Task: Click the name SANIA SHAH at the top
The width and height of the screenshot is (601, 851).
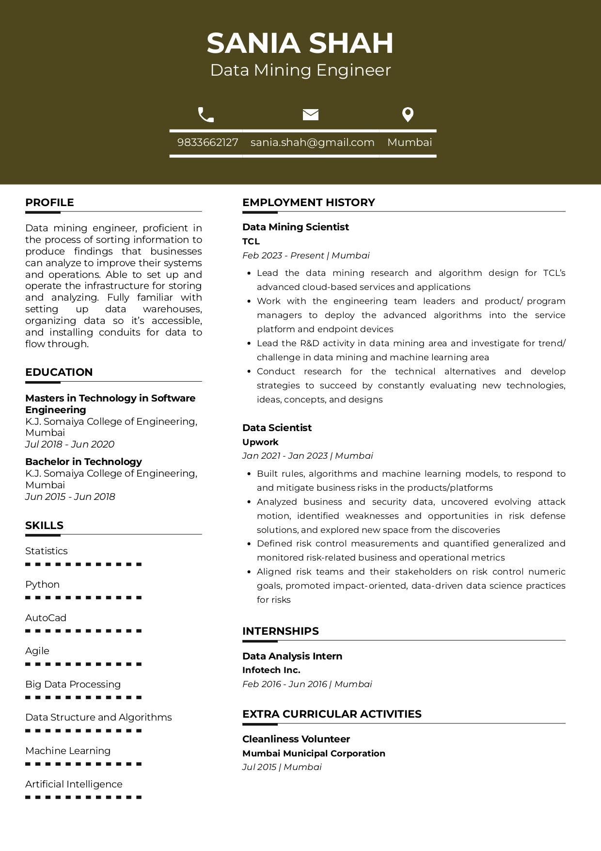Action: point(300,43)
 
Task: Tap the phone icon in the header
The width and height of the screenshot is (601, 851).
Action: point(206,115)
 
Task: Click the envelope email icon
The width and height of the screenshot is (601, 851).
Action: point(311,114)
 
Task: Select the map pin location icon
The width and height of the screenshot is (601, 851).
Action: point(408,114)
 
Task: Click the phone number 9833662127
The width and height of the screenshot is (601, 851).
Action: point(207,143)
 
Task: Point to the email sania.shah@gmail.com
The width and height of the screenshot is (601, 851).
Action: point(312,143)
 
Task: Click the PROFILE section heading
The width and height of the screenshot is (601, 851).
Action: point(49,203)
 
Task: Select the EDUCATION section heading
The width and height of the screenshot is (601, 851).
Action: point(59,372)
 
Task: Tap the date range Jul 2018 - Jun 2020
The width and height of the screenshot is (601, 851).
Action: point(70,444)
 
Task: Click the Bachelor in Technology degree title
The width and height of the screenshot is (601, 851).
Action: point(83,462)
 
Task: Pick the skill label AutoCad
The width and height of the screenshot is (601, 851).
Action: point(46,618)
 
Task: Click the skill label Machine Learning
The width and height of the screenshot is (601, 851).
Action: point(68,751)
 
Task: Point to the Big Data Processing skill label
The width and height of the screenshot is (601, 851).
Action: point(73,684)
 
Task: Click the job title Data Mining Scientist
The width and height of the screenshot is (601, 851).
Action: point(296,227)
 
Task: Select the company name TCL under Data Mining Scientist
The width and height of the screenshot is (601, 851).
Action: point(251,241)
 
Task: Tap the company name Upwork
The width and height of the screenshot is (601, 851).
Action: point(260,442)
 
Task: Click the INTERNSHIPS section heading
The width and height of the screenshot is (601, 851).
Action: point(281,631)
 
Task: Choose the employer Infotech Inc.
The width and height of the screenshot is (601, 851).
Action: point(271,670)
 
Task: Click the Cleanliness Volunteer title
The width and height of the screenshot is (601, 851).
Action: point(296,739)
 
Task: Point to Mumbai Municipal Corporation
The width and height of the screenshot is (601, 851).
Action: point(314,754)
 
